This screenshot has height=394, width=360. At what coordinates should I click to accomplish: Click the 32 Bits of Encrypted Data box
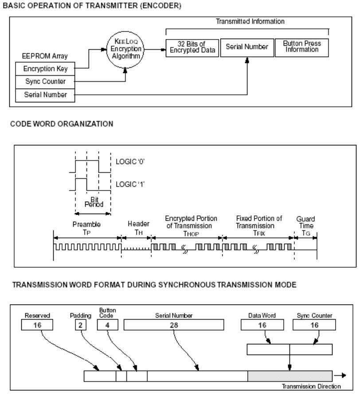pos(192,47)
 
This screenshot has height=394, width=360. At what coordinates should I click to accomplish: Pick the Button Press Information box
pos(302,47)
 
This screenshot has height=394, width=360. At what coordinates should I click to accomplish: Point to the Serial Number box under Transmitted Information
pos(247,47)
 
